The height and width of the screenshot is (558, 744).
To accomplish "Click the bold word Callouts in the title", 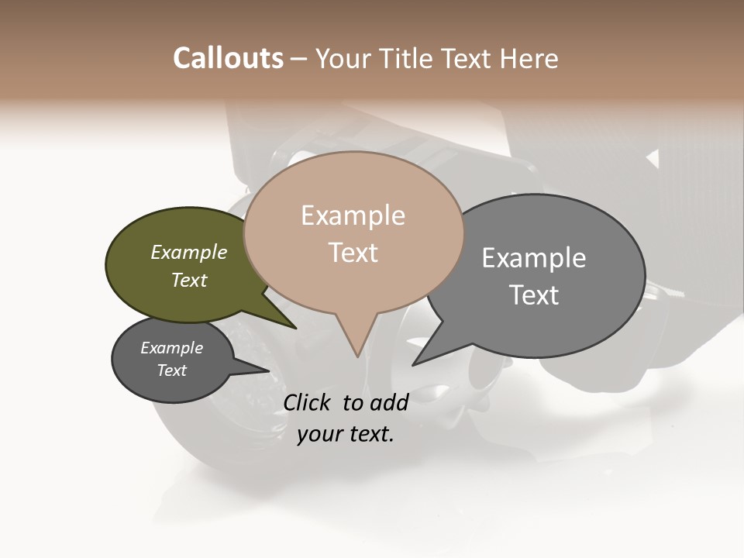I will pyautogui.click(x=228, y=59).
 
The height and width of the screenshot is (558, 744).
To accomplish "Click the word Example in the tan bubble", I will pyautogui.click(x=353, y=215).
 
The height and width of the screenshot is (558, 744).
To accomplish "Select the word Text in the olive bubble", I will pyautogui.click(x=189, y=280).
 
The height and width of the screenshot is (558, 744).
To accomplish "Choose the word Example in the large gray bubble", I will pyautogui.click(x=533, y=258).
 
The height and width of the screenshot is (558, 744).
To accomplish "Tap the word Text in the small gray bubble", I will pyautogui.click(x=171, y=370).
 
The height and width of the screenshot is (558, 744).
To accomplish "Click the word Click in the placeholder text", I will pyautogui.click(x=308, y=402).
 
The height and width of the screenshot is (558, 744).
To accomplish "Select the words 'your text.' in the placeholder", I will pyautogui.click(x=345, y=434).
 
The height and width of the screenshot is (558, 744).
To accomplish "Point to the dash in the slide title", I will pyautogui.click(x=299, y=59).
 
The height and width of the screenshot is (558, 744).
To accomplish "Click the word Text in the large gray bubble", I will pyautogui.click(x=534, y=295).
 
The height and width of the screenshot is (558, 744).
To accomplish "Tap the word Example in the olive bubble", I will pyautogui.click(x=189, y=252).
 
